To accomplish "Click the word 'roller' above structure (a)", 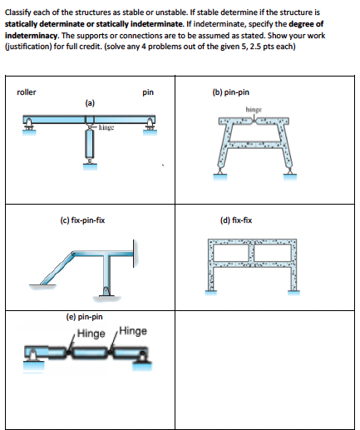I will tap(27, 93).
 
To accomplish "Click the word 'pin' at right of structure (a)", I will tap(147, 93).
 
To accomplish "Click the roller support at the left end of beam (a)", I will tap(31, 127).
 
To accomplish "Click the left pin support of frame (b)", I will tap(220, 173).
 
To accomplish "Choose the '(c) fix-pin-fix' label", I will tap(82, 220).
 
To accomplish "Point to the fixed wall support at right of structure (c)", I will tap(134, 247).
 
